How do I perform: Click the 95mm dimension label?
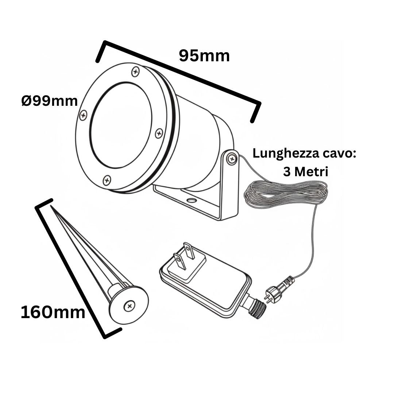point(204,56)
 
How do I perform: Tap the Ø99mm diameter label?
point(50,101)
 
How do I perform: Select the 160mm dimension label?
point(53,313)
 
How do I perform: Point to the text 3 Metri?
point(305,171)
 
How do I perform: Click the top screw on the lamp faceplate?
point(136,72)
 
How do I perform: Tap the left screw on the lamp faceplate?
point(84,115)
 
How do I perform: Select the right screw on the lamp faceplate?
point(159,133)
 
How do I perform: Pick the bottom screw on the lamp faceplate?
point(107,179)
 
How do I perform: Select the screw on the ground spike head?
point(128,306)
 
